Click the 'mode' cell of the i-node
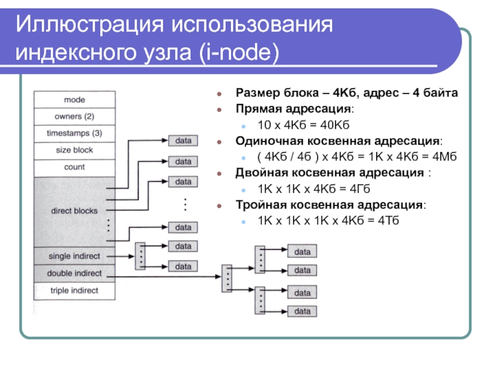[74, 99]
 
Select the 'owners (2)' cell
[74, 116]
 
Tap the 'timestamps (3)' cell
[74, 133]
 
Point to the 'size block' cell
[74, 150]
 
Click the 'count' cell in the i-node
[74, 167]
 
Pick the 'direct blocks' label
[74, 211]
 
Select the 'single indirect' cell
[74, 256]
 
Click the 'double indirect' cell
[74, 273]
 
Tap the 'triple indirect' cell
[74, 290]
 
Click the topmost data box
[183, 140]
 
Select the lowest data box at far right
[303, 312]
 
